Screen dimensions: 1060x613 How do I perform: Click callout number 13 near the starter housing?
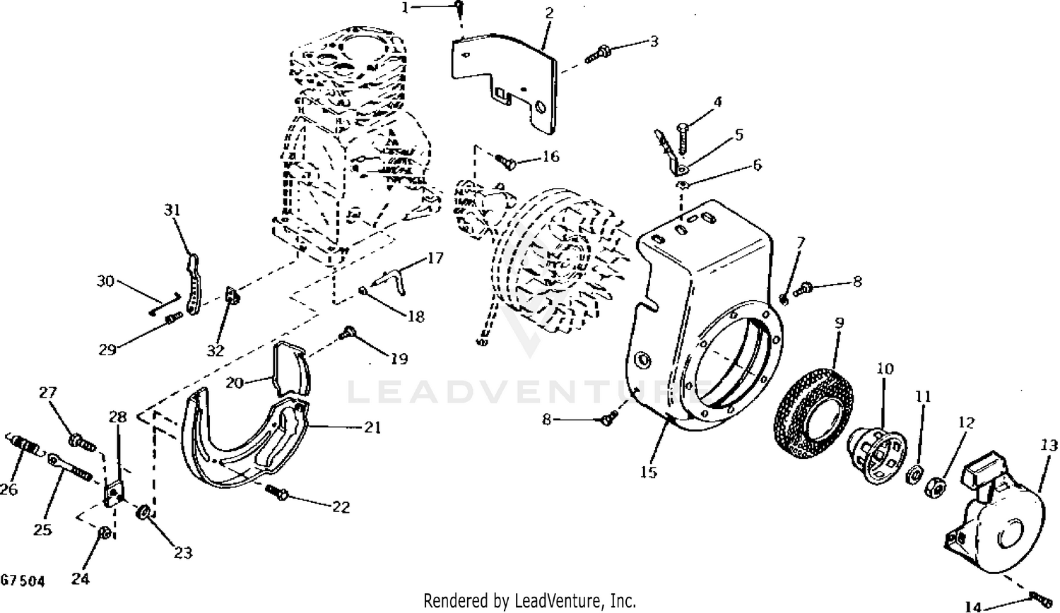tap(1048, 446)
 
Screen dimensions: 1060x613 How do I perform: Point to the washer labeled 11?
tap(914, 475)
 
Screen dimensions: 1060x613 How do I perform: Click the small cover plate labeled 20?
tap(291, 369)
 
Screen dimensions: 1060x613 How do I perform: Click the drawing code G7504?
tap(23, 581)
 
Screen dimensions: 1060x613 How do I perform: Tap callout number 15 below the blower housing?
tap(649, 472)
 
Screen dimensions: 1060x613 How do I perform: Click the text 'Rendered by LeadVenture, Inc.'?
tap(529, 601)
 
